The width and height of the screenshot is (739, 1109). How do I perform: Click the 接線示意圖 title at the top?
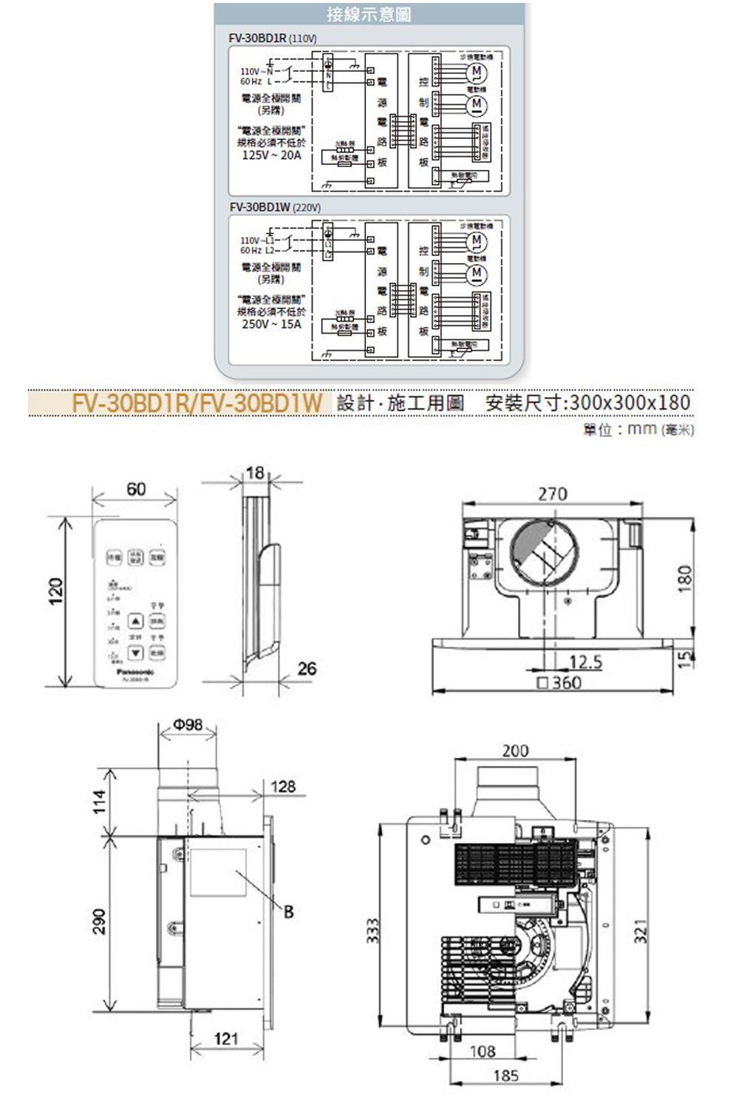[x=369, y=14]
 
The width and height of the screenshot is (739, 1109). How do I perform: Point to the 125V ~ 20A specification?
[x=272, y=155]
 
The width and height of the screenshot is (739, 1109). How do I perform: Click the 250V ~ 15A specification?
[x=272, y=324]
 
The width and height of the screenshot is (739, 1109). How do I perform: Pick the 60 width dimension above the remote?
[x=136, y=489]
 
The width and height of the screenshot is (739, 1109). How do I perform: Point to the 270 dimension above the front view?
[x=552, y=493]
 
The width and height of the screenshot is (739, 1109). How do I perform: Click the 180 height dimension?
[x=685, y=577]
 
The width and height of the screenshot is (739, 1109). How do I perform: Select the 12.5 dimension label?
[x=586, y=663]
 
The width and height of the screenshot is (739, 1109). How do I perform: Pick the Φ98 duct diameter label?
[x=188, y=725]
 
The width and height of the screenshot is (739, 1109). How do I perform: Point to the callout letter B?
[x=288, y=912]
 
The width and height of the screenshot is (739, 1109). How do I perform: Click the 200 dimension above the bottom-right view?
[x=515, y=750]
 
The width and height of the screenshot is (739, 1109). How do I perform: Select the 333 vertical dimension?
[x=373, y=929]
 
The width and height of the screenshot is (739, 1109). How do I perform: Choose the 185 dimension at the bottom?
[x=505, y=1076]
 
